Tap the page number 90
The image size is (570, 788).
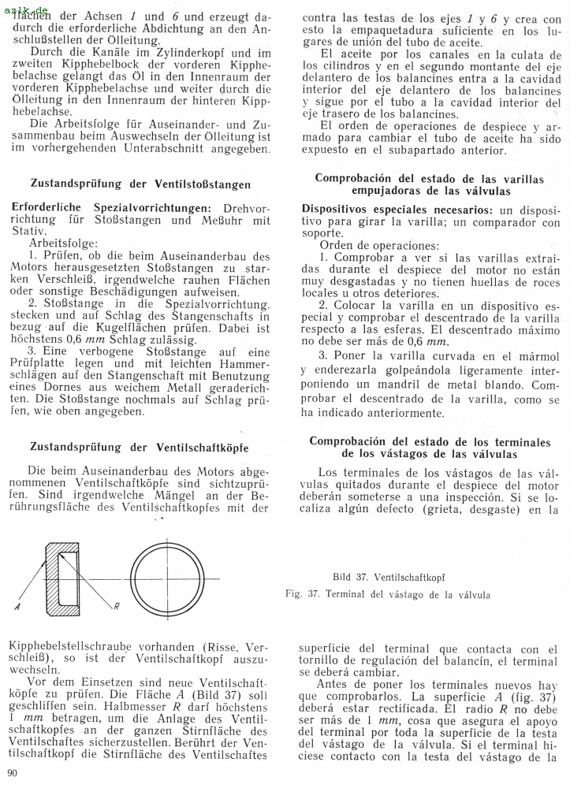[x=13, y=774]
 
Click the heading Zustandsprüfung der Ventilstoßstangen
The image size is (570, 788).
[x=140, y=184]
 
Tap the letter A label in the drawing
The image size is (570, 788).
[x=17, y=607]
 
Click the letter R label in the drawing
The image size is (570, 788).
[x=115, y=606]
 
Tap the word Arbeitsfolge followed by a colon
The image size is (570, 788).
[x=62, y=245]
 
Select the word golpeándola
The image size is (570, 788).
[x=437, y=372]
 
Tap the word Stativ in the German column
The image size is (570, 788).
[x=29, y=232]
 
